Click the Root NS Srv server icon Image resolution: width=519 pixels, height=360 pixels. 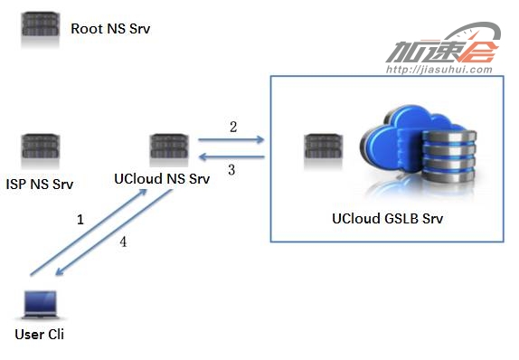tap(41, 25)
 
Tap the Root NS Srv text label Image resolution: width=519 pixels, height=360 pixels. tap(110, 29)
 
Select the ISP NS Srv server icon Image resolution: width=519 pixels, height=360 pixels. tap(41, 147)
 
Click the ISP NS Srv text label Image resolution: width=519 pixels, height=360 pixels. tap(40, 184)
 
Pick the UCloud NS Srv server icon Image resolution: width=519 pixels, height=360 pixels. tap(169, 147)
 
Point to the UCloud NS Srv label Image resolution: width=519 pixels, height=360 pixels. tap(162, 179)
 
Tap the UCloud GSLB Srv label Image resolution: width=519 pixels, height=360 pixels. tap(387, 219)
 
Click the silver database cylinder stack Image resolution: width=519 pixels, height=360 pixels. tap(449, 156)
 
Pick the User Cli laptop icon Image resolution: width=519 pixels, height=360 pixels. tap(41, 305)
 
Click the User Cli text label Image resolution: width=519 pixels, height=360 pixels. tap(40, 334)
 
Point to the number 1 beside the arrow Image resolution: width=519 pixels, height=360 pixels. tap(80, 220)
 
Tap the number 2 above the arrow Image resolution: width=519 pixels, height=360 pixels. tap(233, 127)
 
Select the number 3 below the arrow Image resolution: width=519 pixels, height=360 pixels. tap(231, 170)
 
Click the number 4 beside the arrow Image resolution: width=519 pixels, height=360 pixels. tap(123, 242)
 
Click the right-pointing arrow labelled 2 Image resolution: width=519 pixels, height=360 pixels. tap(231, 140)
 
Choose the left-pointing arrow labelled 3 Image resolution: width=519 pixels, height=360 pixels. tap(231, 156)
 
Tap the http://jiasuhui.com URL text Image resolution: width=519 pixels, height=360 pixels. tap(439, 70)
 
